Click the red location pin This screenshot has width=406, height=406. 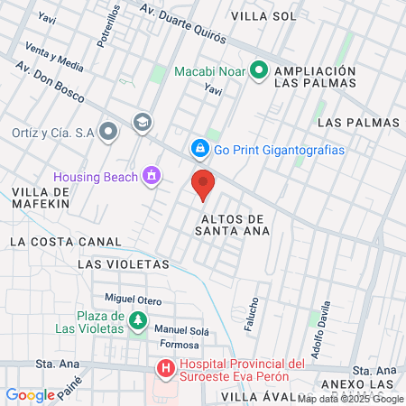pos(204,184)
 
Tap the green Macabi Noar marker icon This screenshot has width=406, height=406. pos(258,69)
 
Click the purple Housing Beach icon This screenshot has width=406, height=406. pos(152,175)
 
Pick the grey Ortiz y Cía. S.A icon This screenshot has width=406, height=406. pos(109,132)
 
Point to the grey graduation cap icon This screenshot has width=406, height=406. pos(142,122)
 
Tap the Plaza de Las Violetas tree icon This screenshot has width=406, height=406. pos(137,320)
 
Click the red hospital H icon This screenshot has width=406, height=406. pos(166,369)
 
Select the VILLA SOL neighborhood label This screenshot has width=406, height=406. pos(263,16)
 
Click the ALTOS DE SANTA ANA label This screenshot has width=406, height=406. pos(232,225)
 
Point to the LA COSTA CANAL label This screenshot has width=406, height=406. pos(65,242)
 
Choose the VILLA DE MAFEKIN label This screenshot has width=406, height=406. pos(42,198)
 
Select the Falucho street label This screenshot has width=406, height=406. pos(254,313)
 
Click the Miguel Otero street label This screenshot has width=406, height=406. pos(133,300)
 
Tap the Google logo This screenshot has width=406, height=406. pos(30,394)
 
